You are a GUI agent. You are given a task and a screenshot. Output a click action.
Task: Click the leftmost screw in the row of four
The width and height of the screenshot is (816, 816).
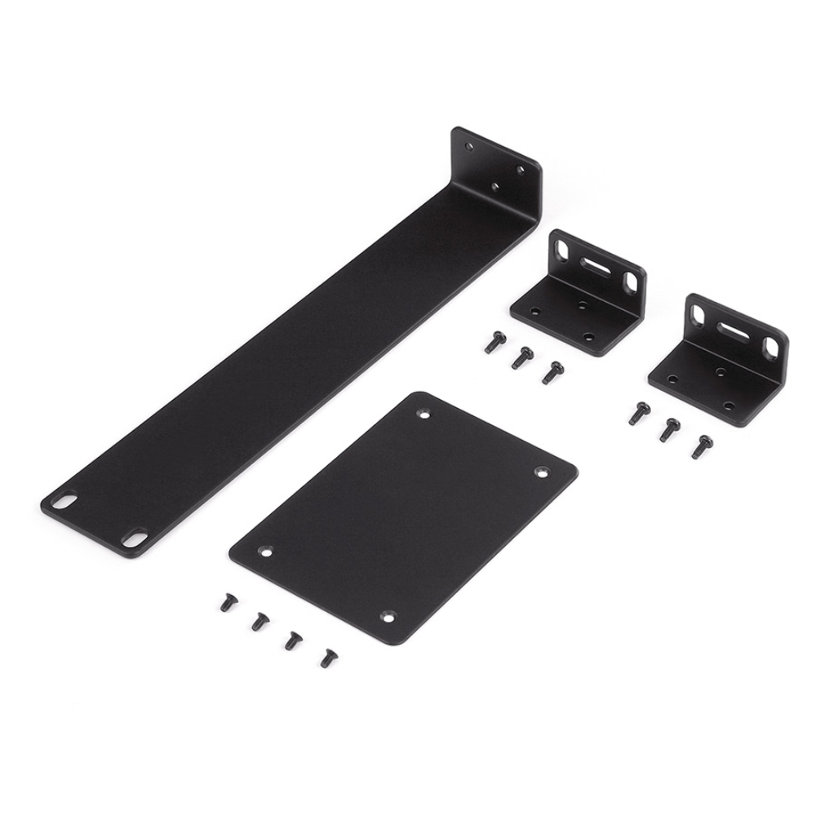[225, 603]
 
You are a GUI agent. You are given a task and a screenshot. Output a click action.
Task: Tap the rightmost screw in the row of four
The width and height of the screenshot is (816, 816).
[329, 655]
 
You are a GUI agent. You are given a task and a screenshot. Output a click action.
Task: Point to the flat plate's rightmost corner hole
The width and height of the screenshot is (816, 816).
[540, 471]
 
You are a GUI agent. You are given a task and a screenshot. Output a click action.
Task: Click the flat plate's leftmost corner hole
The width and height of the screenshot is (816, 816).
[265, 551]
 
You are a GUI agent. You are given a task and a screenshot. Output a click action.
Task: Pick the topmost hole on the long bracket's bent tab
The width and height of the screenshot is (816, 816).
[468, 147]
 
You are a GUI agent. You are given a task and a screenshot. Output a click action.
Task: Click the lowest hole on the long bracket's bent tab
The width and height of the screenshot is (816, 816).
[494, 187]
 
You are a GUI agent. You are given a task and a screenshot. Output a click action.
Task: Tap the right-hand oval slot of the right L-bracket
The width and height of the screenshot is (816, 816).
[770, 346]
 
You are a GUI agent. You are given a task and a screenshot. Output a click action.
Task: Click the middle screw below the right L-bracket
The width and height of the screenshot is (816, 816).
[670, 428]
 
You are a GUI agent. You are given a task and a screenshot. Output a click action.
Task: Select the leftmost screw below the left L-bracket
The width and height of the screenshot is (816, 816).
[492, 343]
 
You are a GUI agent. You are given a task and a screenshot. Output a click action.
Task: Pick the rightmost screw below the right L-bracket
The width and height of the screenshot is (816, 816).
[700, 446]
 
